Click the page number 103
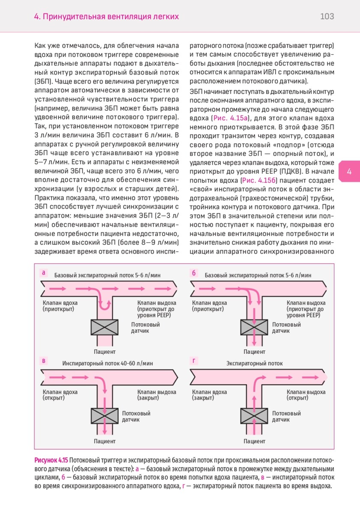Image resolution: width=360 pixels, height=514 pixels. (327, 17)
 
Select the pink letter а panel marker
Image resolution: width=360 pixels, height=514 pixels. (43, 272)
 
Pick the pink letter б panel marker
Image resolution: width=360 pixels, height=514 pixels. (194, 272)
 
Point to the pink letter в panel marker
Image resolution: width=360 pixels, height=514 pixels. (43, 361)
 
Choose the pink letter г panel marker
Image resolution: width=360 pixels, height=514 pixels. (194, 361)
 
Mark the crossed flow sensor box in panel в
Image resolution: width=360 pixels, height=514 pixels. (105, 415)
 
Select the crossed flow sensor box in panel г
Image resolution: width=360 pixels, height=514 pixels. (254, 415)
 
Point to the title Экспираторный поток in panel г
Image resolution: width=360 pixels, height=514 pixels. (255, 363)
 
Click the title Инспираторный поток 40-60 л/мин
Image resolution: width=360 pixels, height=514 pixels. (108, 363)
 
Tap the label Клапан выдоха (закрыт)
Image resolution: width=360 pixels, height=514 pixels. (156, 394)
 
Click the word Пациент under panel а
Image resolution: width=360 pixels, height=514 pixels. (105, 352)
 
